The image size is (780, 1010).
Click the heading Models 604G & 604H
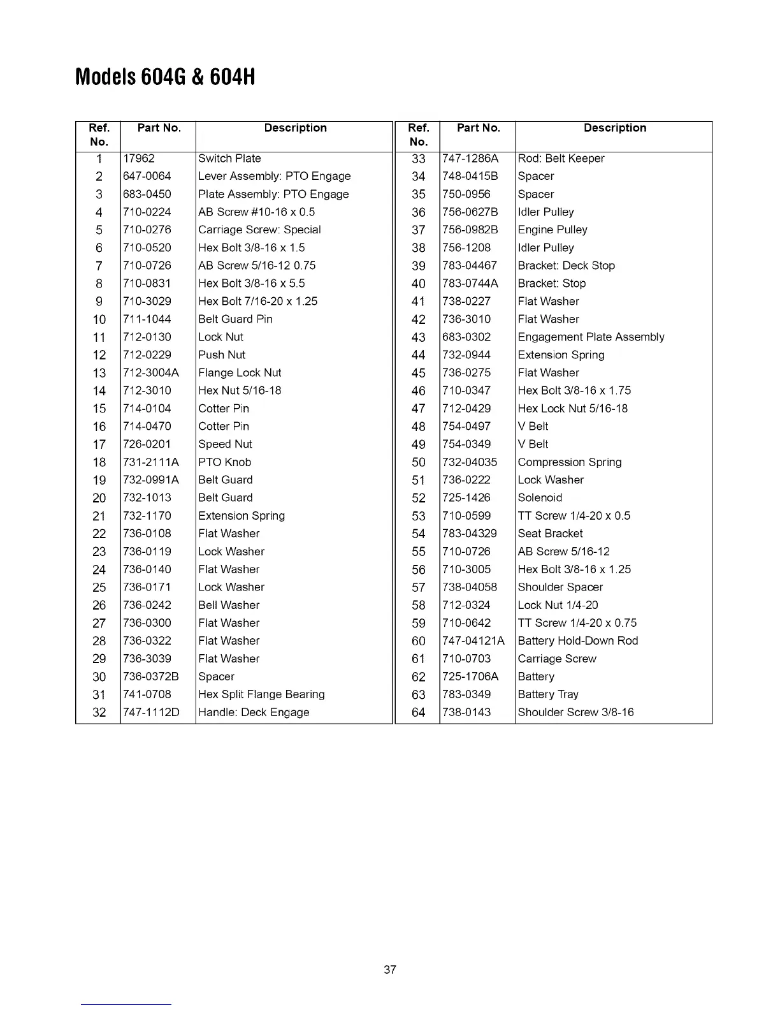(165, 77)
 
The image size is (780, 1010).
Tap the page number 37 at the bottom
(390, 970)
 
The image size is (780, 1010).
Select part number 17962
(139, 158)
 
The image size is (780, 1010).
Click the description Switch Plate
(229, 158)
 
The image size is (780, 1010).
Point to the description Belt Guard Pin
(235, 319)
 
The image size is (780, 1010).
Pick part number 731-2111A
(151, 462)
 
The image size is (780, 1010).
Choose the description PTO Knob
(224, 462)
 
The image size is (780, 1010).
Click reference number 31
(99, 694)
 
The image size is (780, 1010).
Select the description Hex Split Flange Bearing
(261, 694)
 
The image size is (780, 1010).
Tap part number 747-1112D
(151, 712)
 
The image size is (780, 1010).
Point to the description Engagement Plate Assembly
(591, 337)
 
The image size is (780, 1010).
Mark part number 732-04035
(470, 462)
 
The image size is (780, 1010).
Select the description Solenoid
(540, 497)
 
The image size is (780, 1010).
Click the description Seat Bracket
(550, 533)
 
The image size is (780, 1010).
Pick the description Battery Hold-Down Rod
(577, 641)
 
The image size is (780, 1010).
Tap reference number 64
(418, 712)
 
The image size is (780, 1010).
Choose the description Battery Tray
(548, 694)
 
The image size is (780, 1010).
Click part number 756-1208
(466, 247)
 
